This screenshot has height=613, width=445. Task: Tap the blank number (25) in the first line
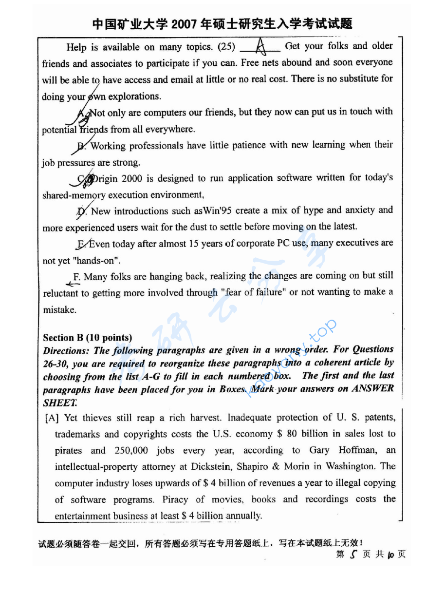226,47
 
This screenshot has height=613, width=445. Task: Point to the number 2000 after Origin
131,178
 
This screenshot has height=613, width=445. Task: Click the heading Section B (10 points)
88,337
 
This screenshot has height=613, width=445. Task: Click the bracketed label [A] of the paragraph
51,418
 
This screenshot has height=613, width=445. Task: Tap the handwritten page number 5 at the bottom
353,554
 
